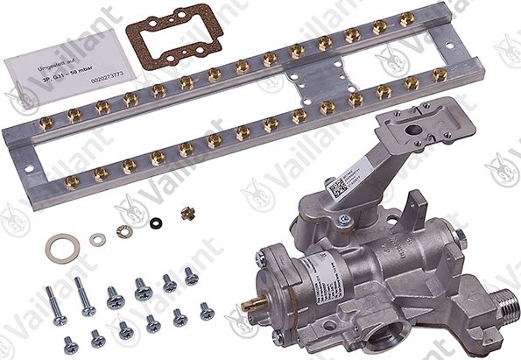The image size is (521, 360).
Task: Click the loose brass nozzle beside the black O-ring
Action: coord(186,213)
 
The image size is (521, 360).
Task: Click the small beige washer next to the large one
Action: coord(98,239)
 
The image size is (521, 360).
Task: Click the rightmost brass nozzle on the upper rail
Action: coord(407,19)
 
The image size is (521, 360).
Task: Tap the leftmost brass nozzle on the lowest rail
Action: coord(72,181)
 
